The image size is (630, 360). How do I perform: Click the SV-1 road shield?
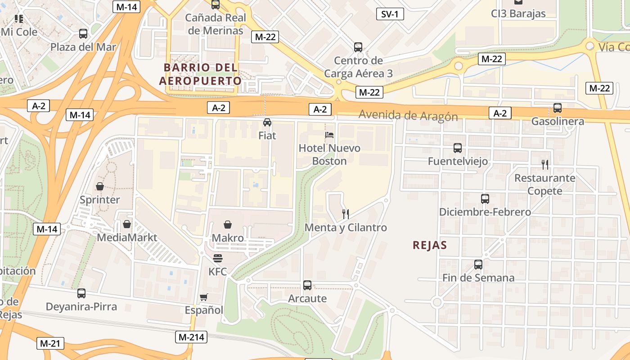pos(390,14)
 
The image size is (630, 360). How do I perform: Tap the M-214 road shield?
pos(191,337)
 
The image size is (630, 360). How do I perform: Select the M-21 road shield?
pos(50,343)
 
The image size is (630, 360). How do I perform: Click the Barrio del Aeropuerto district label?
pos(200,74)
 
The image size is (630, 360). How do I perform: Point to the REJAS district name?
pos(430,245)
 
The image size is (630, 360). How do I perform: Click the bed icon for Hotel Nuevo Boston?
pos(329,135)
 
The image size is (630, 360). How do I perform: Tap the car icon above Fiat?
pos(267,122)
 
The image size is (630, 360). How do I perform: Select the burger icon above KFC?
pos(218,258)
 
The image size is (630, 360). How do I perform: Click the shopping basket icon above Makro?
pos(228,225)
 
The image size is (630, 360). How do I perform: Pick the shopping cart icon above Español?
pos(204,297)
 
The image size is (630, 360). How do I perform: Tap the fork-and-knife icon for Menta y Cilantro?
pos(346,214)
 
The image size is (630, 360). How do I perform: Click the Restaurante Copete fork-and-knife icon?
pos(545,165)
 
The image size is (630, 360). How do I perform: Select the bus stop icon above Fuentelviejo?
pos(458,148)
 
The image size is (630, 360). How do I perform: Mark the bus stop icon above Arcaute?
pos(307,285)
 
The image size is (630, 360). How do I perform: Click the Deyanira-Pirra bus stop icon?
pos(81,293)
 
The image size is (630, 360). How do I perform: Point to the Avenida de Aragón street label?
pos(408,115)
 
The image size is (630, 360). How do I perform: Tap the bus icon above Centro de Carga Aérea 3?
pos(358,47)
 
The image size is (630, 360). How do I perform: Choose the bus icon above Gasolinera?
pos(558,108)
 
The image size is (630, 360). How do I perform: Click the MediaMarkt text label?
pos(127,238)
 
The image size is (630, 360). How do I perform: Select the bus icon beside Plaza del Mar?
pos(83,34)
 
